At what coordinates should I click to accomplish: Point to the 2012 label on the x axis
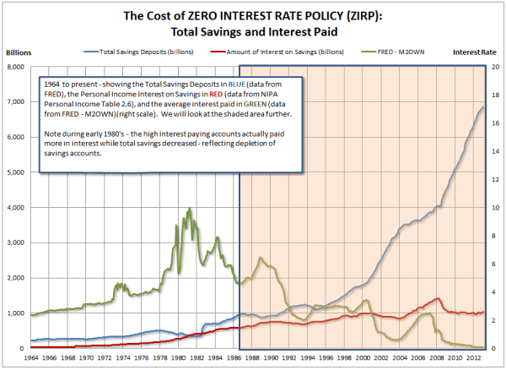pyautogui.click(x=475, y=358)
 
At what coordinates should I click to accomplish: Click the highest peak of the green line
pyautogui.click(x=189, y=209)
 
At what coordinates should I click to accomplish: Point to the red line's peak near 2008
pyautogui.click(x=437, y=298)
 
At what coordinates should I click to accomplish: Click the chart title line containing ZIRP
pyautogui.click(x=252, y=15)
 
